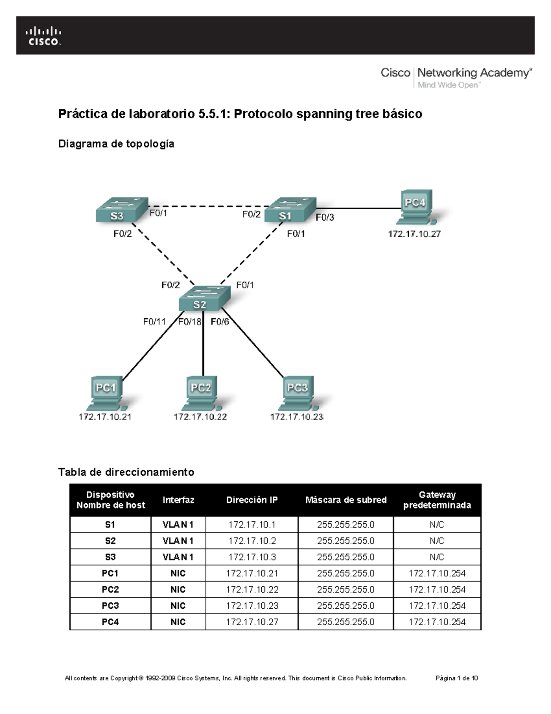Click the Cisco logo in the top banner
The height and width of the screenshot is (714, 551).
[44, 36]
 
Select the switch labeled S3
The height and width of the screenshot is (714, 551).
[121, 211]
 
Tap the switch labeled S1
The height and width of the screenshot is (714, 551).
[290, 211]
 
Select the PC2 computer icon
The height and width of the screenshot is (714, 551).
[201, 394]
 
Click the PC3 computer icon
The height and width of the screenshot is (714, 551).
[298, 394]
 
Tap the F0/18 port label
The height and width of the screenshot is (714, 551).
[190, 322]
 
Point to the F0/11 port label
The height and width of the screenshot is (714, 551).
[154, 322]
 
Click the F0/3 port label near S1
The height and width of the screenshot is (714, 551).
[325, 217]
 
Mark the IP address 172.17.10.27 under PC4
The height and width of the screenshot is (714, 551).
[414, 234]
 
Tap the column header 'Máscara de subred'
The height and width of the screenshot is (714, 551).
[346, 500]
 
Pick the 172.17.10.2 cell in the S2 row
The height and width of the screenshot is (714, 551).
[252, 541]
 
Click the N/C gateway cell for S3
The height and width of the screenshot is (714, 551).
[437, 557]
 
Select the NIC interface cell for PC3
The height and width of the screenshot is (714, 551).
[178, 605]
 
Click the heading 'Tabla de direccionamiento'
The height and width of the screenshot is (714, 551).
[126, 472]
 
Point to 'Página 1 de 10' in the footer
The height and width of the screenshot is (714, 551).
[456, 678]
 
